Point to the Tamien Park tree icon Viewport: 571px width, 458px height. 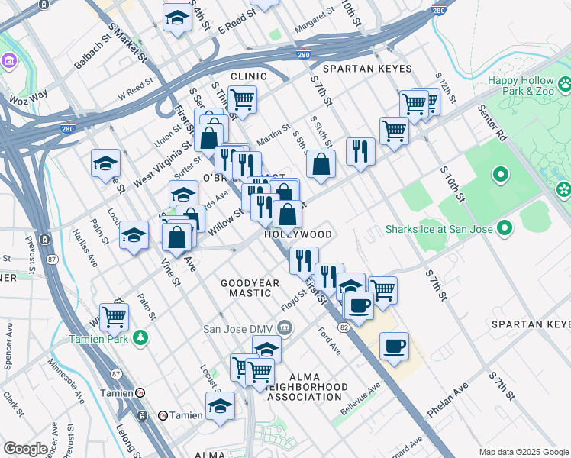(140, 337)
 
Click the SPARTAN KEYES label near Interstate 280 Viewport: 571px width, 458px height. (366, 69)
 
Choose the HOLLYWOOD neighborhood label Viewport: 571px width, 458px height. (298, 234)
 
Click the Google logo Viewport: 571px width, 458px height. (25, 449)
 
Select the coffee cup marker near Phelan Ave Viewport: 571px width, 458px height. (394, 347)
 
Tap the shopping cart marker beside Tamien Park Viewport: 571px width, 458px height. (114, 315)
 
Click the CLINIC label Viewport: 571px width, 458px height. (249, 76)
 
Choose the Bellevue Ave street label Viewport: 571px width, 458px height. (360, 399)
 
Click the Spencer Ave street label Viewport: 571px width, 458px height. (8, 343)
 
